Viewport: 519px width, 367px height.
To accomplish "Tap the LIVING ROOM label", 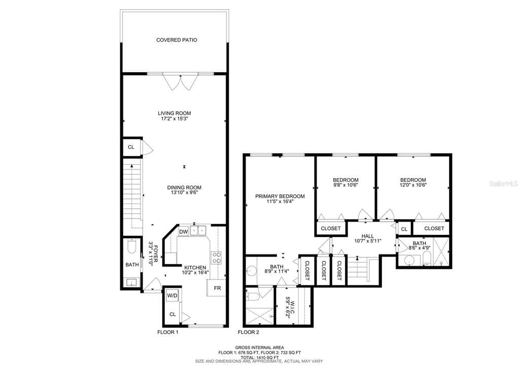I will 174,113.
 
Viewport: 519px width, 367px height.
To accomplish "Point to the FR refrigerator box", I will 217,288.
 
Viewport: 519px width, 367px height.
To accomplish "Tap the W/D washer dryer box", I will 172,295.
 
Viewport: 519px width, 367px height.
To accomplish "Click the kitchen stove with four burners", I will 216,258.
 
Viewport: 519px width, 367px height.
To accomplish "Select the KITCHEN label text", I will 195,268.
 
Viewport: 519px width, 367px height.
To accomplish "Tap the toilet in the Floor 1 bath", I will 131,247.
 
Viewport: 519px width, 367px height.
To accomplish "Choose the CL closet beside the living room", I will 131,147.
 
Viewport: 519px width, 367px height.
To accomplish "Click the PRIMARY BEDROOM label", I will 280,196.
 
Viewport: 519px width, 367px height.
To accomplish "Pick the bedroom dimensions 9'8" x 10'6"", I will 345,186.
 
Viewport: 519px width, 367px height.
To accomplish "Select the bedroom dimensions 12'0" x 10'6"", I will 413,186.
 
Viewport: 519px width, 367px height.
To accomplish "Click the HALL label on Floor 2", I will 368,236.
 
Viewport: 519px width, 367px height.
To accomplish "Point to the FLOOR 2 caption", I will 249,332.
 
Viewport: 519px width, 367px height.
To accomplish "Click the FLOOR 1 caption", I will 167,332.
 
